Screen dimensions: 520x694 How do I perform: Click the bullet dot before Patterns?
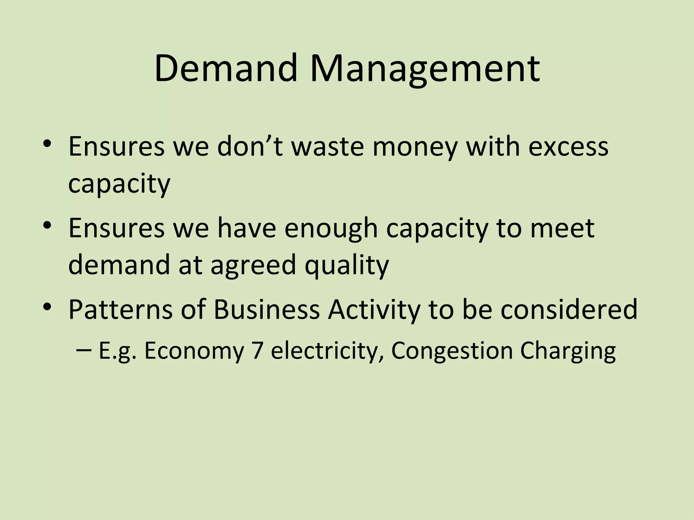(47, 307)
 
